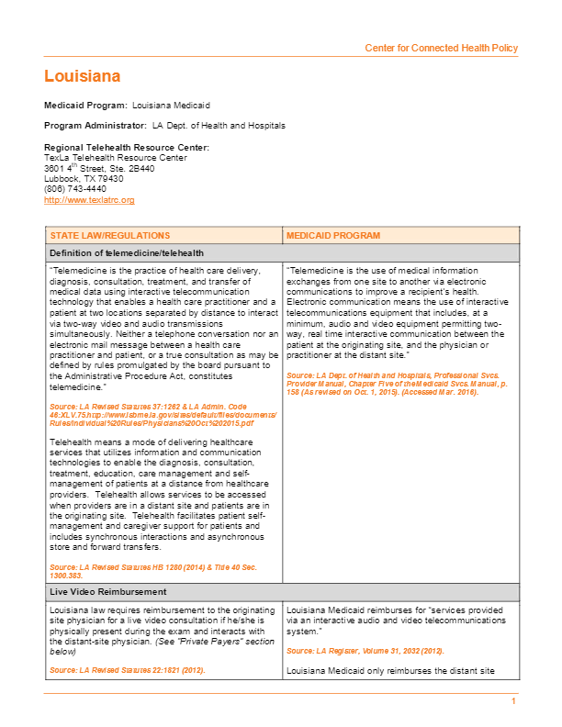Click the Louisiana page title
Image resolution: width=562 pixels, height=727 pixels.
click(x=83, y=76)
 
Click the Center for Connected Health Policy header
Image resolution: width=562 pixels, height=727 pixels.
click(x=441, y=48)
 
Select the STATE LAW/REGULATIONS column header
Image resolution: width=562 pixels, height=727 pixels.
click(x=110, y=236)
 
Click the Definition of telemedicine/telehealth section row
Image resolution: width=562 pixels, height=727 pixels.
click(x=127, y=252)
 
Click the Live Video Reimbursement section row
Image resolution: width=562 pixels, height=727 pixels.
click(x=107, y=592)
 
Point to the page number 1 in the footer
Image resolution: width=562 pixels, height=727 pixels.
click(x=514, y=701)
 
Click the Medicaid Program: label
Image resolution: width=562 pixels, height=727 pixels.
click(x=85, y=106)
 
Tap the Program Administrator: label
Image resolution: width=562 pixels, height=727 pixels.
click(x=95, y=125)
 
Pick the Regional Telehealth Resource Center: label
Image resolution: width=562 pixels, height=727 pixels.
click(x=127, y=148)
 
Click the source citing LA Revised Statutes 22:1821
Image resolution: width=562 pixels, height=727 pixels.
click(x=127, y=671)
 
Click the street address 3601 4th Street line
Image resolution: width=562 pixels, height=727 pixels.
click(x=99, y=168)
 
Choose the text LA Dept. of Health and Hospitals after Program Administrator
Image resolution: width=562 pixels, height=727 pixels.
click(x=219, y=125)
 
